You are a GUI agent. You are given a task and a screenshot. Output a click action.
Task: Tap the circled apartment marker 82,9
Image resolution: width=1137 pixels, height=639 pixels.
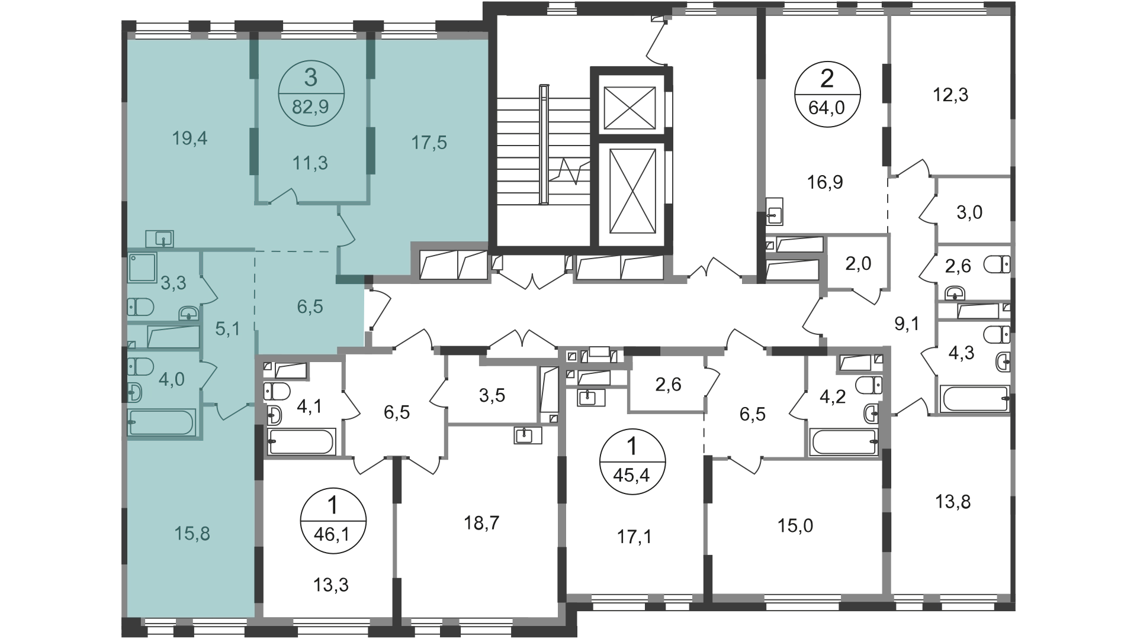[x=310, y=94]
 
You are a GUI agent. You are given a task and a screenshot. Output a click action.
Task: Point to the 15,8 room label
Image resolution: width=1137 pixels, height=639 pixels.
[x=192, y=534]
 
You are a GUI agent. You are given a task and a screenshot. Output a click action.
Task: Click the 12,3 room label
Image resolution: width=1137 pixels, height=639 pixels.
[x=950, y=95]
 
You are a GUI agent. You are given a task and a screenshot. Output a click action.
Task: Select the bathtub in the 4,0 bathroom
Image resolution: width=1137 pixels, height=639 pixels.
[x=161, y=422]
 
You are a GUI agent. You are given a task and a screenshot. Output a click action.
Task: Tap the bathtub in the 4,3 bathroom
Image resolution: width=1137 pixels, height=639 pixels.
[x=975, y=399]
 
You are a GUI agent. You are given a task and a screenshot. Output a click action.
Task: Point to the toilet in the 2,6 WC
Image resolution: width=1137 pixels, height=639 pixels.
[x=997, y=265]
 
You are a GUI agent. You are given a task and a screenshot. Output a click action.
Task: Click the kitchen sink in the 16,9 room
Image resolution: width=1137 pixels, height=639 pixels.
[x=775, y=211]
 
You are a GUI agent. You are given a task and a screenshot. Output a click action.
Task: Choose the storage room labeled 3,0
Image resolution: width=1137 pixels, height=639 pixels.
[x=969, y=212]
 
